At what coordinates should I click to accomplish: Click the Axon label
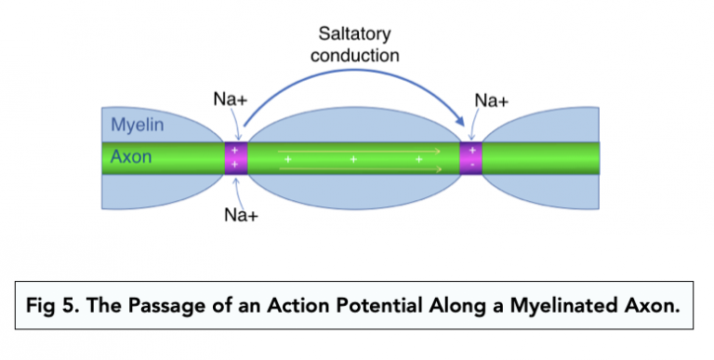pos(131,157)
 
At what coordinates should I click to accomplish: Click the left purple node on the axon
pos(235,157)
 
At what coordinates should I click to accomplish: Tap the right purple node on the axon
pos(472,157)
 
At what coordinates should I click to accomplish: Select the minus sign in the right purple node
pos(472,165)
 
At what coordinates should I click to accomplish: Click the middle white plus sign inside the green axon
pos(354,159)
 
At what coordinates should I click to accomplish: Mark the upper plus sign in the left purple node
pos(235,150)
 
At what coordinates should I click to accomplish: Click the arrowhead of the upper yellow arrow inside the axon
pos(439,148)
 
